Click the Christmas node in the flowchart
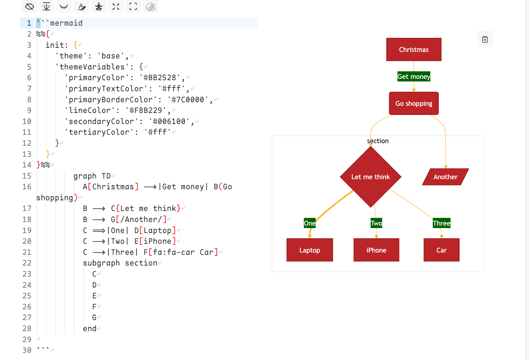414,50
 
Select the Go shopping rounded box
414,104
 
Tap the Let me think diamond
371,177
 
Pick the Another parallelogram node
445,177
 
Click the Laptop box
310,250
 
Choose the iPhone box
376,250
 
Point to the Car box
441,250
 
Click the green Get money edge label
414,77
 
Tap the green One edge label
310,223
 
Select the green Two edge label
376,223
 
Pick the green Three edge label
441,223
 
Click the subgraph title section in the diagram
378,141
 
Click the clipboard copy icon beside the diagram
485,39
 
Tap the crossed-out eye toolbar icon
29,6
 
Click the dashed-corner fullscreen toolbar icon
133,6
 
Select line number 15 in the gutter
27,176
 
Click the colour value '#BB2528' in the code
160,78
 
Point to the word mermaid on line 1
66,23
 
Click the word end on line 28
90,329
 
